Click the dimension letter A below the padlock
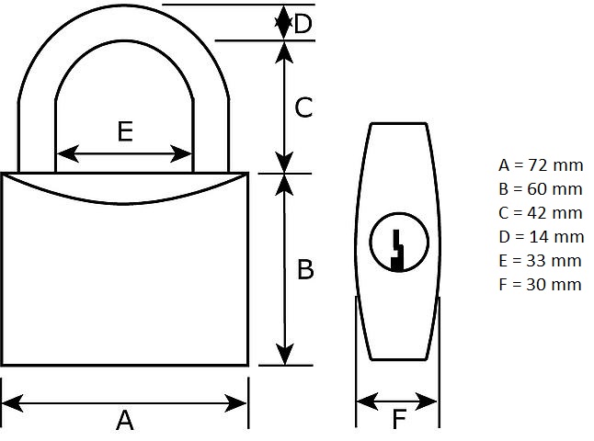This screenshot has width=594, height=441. tap(125, 421)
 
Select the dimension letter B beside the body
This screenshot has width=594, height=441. tap(305, 269)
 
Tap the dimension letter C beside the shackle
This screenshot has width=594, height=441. tap(303, 107)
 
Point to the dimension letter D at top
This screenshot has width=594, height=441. tap(303, 24)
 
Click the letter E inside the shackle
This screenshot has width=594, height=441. tap(125, 131)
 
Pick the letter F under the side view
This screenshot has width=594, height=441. tap(399, 419)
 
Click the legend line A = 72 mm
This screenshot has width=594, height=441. tap(541, 165)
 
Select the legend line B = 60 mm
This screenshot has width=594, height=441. tap(541, 189)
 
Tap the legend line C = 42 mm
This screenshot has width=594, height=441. tap(541, 213)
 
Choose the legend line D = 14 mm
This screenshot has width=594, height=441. tap(542, 237)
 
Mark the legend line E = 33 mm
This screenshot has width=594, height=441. tap(540, 260)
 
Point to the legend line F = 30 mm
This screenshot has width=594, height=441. tap(540, 284)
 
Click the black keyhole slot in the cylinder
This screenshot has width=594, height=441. tap(397, 251)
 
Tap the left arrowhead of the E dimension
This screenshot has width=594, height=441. tap(67, 153)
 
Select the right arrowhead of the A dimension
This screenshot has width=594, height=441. tap(235, 403)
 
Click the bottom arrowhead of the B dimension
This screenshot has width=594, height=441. tap(284, 355)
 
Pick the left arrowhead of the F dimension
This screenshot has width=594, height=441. tap(367, 401)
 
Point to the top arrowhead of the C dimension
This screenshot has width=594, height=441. tap(284, 52)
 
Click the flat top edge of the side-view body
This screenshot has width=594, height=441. tap(399, 123)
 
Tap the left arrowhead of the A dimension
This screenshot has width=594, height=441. tap(13, 403)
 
